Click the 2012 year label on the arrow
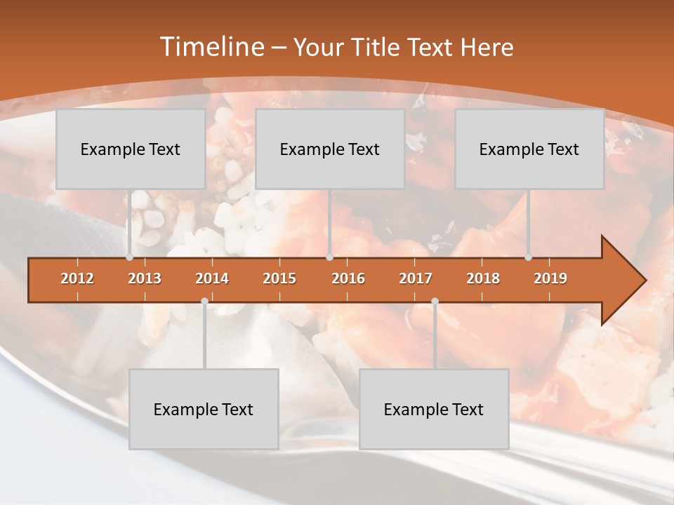coord(77,278)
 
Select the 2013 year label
coord(145,278)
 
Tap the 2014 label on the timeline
coord(212,278)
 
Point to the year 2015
coord(279,278)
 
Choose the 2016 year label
coord(348,278)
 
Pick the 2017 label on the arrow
coord(416,278)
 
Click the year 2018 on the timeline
coord(483,278)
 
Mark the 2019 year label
coord(550,278)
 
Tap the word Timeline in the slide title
coord(211,47)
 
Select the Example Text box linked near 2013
coord(131,149)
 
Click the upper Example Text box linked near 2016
coord(330,149)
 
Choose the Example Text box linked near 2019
coord(529,149)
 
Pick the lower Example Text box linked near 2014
coord(204,409)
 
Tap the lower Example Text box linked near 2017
coord(434,409)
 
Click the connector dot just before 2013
coord(130,257)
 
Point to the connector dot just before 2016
coord(330,257)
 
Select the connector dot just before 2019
coord(529,257)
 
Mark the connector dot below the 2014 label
coord(204,302)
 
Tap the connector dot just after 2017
coord(435,302)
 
